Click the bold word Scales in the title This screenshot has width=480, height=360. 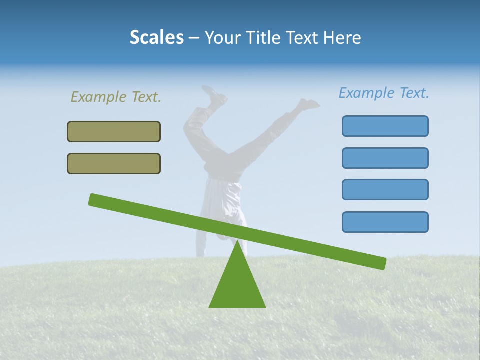coord(156,37)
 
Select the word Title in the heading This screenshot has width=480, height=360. coord(267,37)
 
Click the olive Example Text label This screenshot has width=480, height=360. coord(116,97)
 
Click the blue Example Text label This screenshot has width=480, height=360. coord(384,93)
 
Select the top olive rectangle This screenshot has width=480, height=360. coord(114,131)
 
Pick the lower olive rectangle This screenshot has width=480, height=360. coord(114,163)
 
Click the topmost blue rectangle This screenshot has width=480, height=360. coord(385,126)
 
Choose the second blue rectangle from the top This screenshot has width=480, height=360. coord(385,158)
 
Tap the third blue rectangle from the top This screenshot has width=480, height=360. coord(385,189)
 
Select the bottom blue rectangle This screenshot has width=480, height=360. coord(385,222)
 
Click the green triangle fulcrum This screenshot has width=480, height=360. coord(237,285)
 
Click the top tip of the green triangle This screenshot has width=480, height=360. coord(237,242)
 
